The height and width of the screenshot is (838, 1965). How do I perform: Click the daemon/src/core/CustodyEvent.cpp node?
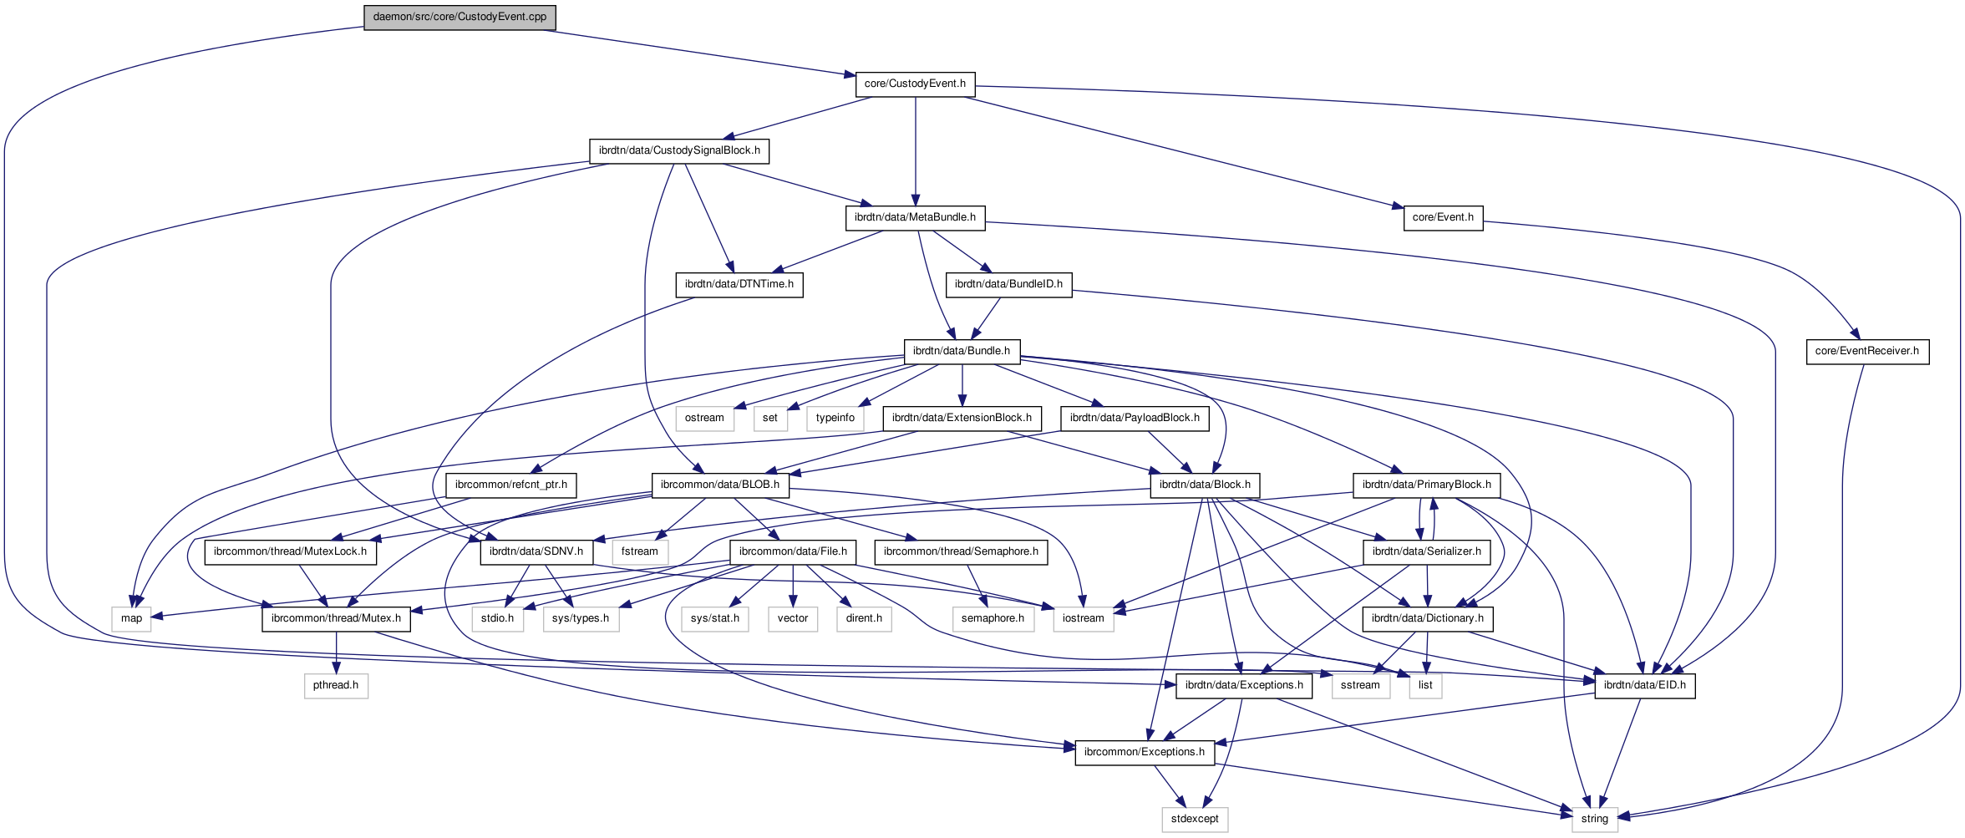coord(460,17)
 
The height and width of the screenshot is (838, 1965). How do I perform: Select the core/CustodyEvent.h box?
coord(915,84)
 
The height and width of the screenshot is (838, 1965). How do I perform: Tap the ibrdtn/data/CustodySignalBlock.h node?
coord(679,150)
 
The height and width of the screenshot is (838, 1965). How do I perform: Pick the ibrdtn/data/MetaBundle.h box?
coord(915,217)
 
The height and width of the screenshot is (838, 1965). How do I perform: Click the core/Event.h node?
coord(1443,217)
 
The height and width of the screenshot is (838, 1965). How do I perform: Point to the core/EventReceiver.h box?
coord(1867,351)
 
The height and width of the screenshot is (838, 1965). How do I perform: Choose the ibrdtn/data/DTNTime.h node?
coord(739,284)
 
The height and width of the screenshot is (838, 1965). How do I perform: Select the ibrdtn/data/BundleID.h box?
coord(1008,284)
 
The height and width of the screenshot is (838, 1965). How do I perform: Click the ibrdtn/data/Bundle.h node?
coord(962,351)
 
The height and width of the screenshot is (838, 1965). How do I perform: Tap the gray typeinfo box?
coord(835,418)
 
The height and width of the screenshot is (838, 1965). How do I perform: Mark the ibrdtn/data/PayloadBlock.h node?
coord(1135,418)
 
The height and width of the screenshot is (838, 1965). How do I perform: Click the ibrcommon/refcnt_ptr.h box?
coord(511,485)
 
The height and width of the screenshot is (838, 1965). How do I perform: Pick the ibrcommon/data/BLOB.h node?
coord(720,485)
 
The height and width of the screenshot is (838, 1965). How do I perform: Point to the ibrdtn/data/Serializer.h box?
coord(1427,551)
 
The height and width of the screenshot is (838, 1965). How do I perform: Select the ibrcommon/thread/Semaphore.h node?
coord(961,551)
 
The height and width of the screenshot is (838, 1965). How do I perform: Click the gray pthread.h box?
coord(336,685)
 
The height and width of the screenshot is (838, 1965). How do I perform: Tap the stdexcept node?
coord(1195,819)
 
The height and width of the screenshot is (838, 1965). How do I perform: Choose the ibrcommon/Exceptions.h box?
coord(1145,752)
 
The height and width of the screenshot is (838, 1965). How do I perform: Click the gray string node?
coord(1594,819)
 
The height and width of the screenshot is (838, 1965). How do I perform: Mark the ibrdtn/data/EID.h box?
coord(1645,685)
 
